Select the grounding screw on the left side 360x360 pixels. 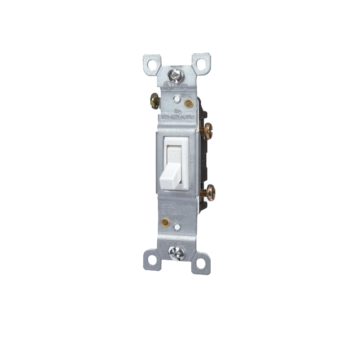pos(155,101)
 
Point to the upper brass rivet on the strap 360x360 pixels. pos(189,103)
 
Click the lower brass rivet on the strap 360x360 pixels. pos(165,222)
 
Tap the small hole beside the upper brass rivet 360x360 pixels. pos(177,99)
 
